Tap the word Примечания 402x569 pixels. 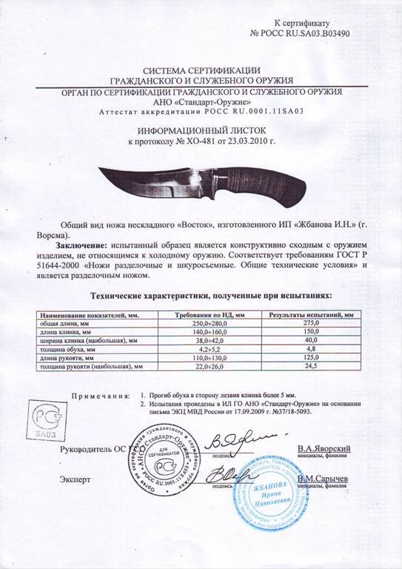[x=99, y=396]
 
